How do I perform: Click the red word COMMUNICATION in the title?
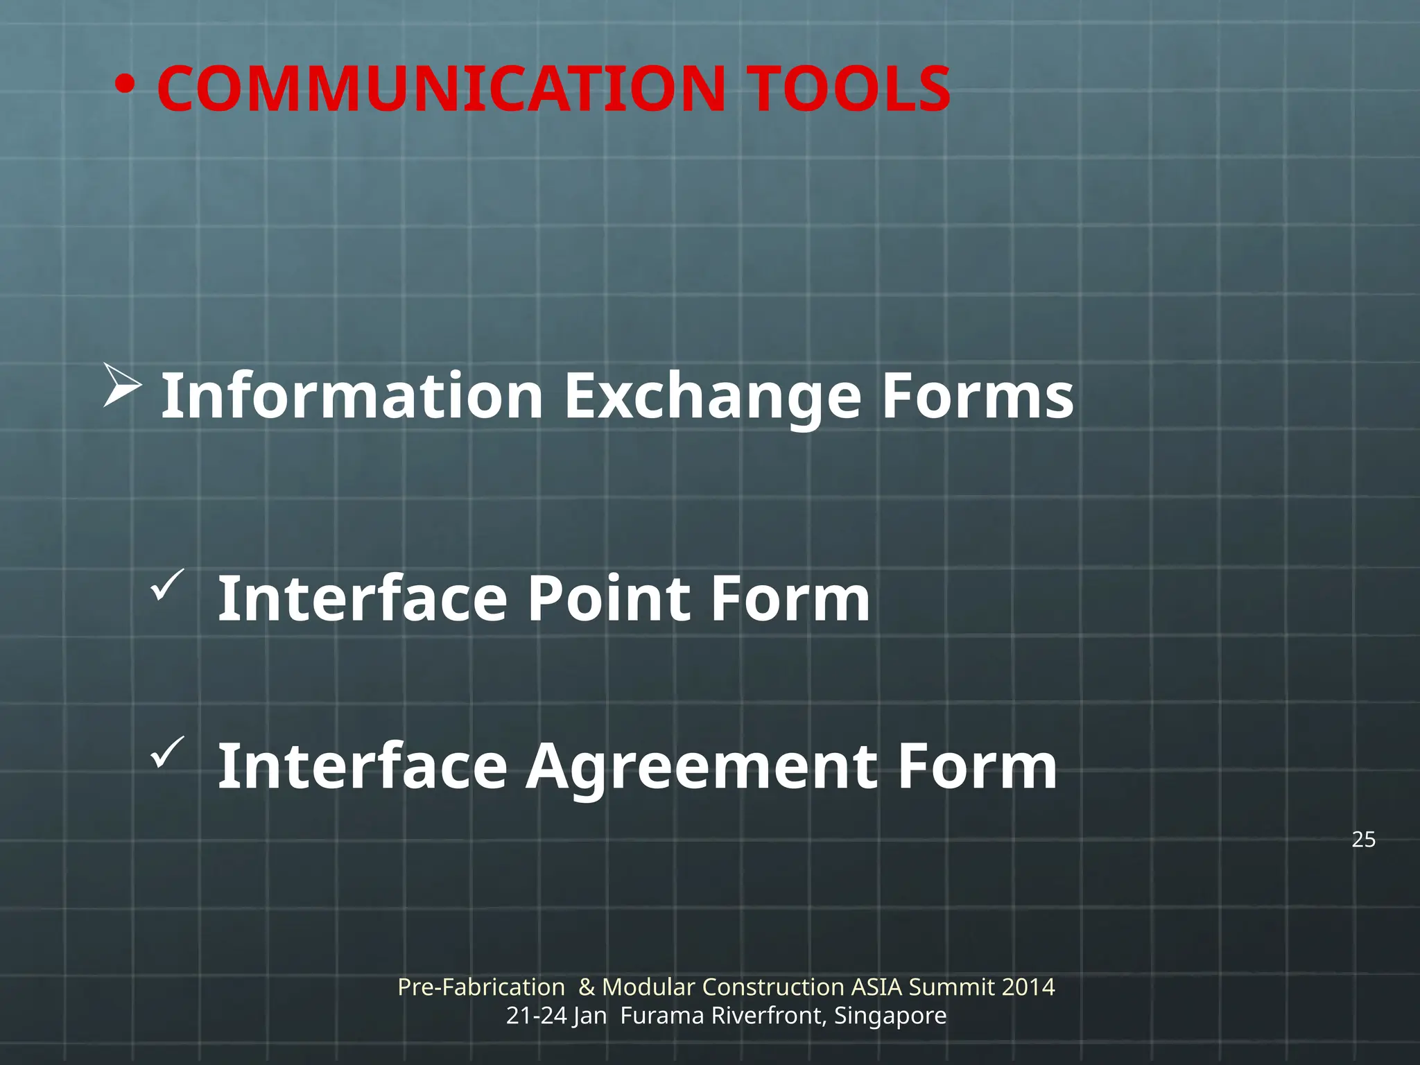point(441,89)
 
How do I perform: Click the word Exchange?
point(712,397)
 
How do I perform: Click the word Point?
point(609,598)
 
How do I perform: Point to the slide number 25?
point(1363,840)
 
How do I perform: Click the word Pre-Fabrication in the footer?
point(481,987)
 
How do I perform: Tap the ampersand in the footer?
point(587,987)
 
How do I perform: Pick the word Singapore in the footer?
point(890,1016)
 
